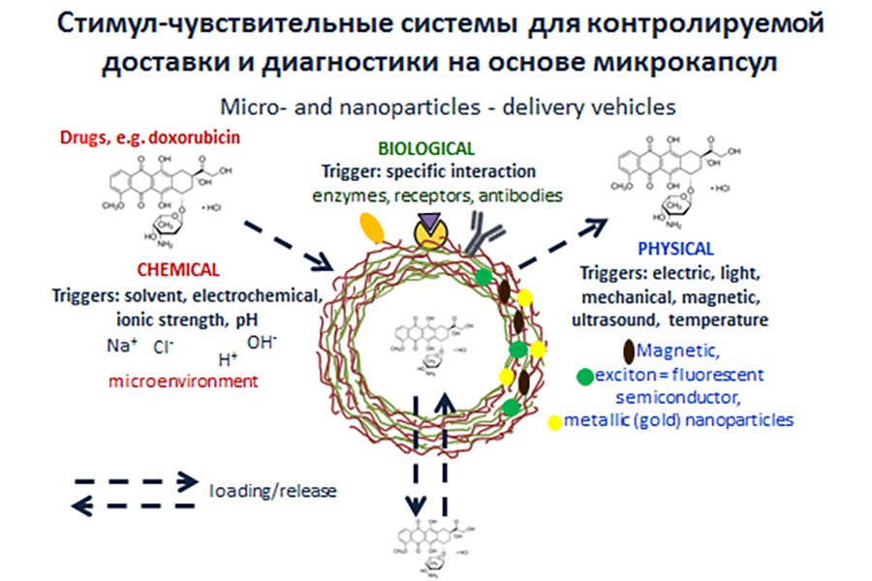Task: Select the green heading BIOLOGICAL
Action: [426, 149]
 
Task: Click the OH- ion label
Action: [262, 342]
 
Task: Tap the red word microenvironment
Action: [183, 382]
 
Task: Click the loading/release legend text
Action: [273, 491]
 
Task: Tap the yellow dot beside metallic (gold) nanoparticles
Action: [553, 421]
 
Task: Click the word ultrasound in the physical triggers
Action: [613, 320]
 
